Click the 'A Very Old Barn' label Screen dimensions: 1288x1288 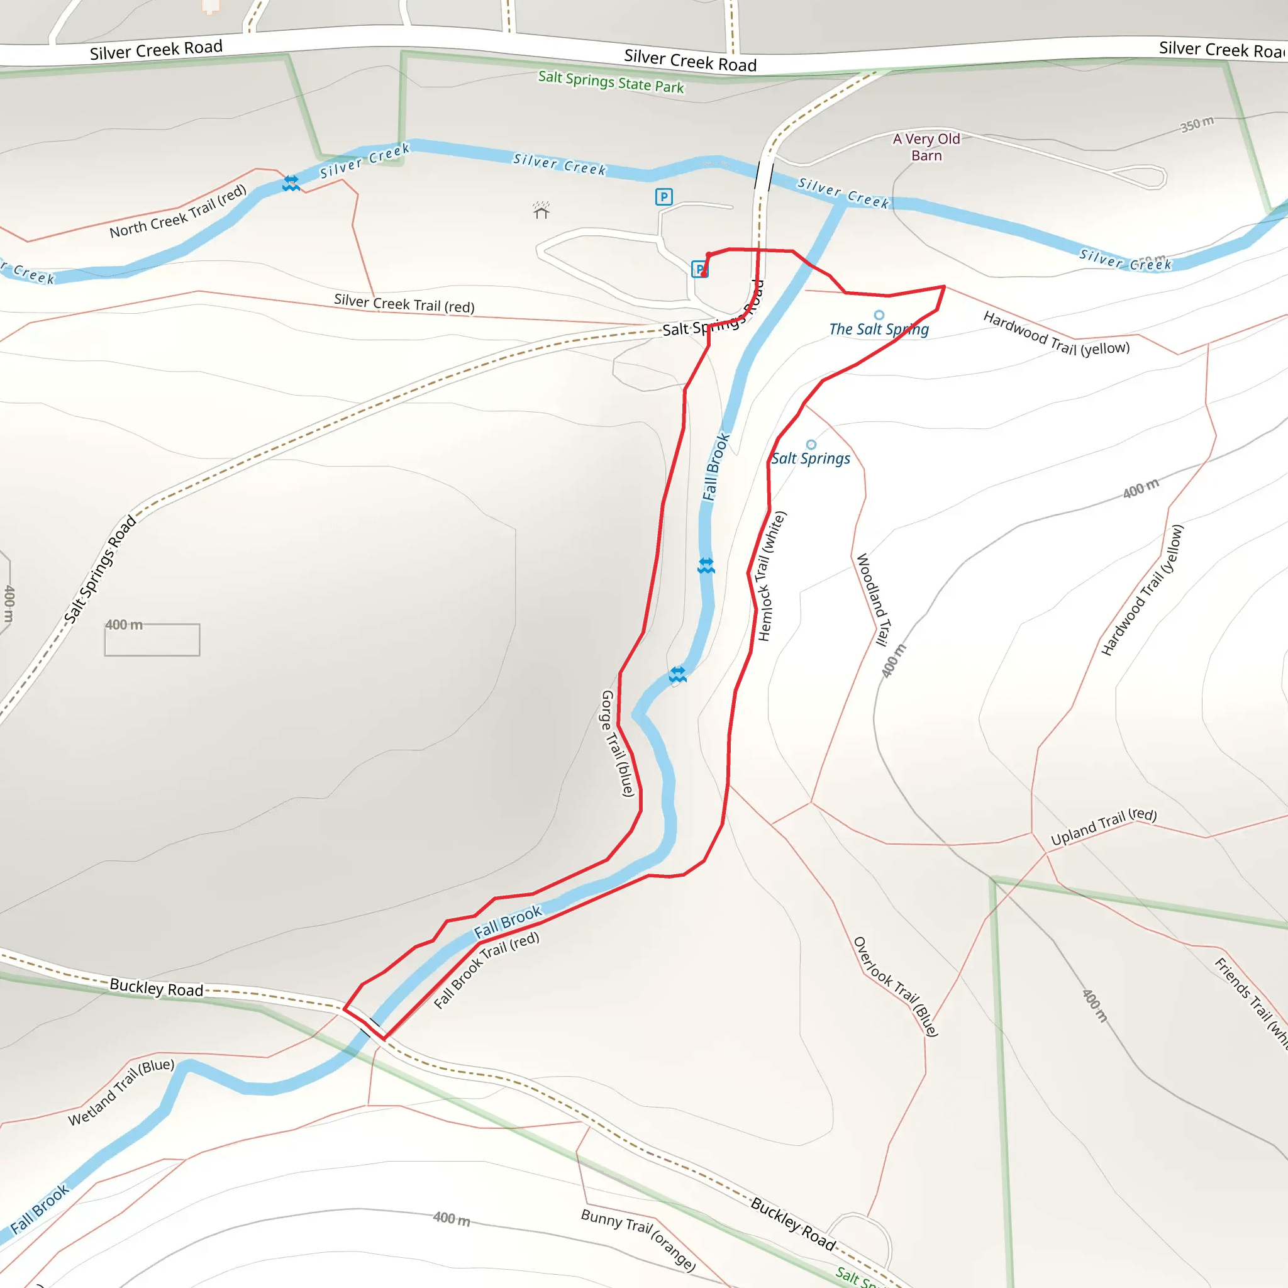(x=926, y=147)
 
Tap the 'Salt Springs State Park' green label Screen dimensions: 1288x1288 (x=611, y=82)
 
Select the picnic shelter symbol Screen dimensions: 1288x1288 (x=541, y=211)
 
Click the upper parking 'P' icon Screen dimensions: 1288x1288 (x=663, y=197)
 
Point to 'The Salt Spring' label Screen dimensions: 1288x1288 (x=879, y=330)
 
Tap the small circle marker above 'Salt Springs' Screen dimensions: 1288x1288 (x=811, y=445)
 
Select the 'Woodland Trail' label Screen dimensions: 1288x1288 (x=873, y=599)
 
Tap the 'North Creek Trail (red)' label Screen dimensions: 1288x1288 (x=178, y=211)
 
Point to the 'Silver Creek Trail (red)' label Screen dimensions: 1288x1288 (x=404, y=303)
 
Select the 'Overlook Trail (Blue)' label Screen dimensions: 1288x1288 (x=896, y=987)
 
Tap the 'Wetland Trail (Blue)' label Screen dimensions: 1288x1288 (x=121, y=1092)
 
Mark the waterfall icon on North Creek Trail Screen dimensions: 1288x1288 (x=291, y=184)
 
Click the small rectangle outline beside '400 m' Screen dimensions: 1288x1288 (x=152, y=640)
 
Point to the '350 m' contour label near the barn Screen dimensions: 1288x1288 (x=1197, y=124)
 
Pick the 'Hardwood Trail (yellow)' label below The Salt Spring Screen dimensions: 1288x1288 (x=1056, y=334)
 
